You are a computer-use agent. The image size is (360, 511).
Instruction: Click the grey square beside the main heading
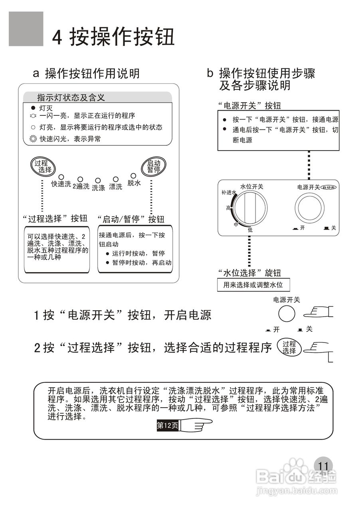coord(26,29)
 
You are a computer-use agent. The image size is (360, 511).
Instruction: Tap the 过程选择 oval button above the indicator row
coord(43,166)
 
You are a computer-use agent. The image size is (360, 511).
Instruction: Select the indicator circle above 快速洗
coord(61,177)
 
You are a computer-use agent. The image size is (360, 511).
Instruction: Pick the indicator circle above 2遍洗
coord(80,180)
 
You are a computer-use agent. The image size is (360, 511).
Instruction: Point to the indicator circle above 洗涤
coord(98,181)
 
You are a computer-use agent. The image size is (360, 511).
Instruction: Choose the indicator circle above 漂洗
coord(116,180)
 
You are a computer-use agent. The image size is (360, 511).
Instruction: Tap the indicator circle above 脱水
coord(134,176)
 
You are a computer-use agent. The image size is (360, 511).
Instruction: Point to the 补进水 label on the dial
coord(229,192)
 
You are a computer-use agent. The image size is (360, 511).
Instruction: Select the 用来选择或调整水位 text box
coord(253,285)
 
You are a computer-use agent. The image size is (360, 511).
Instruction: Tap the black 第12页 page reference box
coord(168,426)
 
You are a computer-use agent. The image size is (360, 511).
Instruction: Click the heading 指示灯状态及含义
coord(71,97)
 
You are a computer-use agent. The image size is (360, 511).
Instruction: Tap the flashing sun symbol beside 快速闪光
coord(33,139)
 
